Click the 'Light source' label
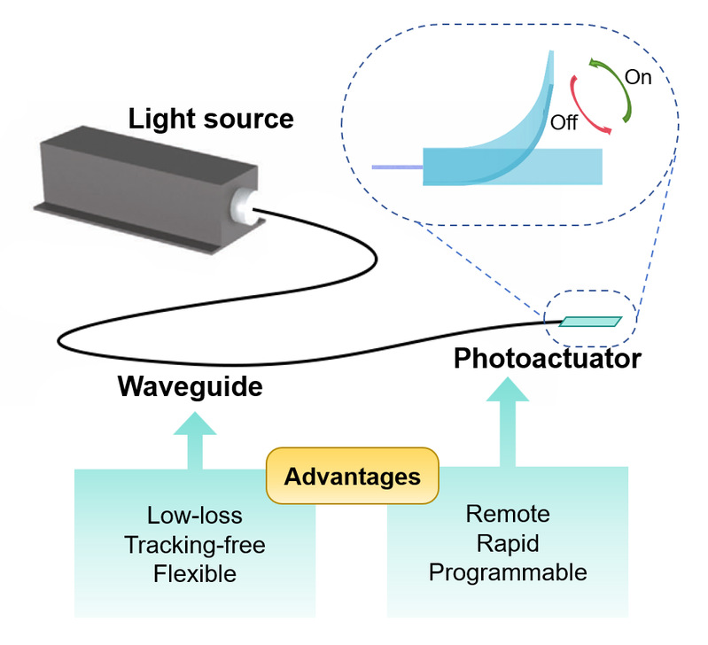[211, 118]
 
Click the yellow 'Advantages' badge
[353, 477]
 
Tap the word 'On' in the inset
[638, 77]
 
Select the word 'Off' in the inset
[564, 121]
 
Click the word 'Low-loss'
[195, 515]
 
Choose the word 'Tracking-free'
[195, 543]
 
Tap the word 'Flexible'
[195, 572]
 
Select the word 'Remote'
[508, 514]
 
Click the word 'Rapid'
[508, 542]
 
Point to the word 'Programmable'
[508, 571]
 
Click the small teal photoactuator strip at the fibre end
[591, 322]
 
